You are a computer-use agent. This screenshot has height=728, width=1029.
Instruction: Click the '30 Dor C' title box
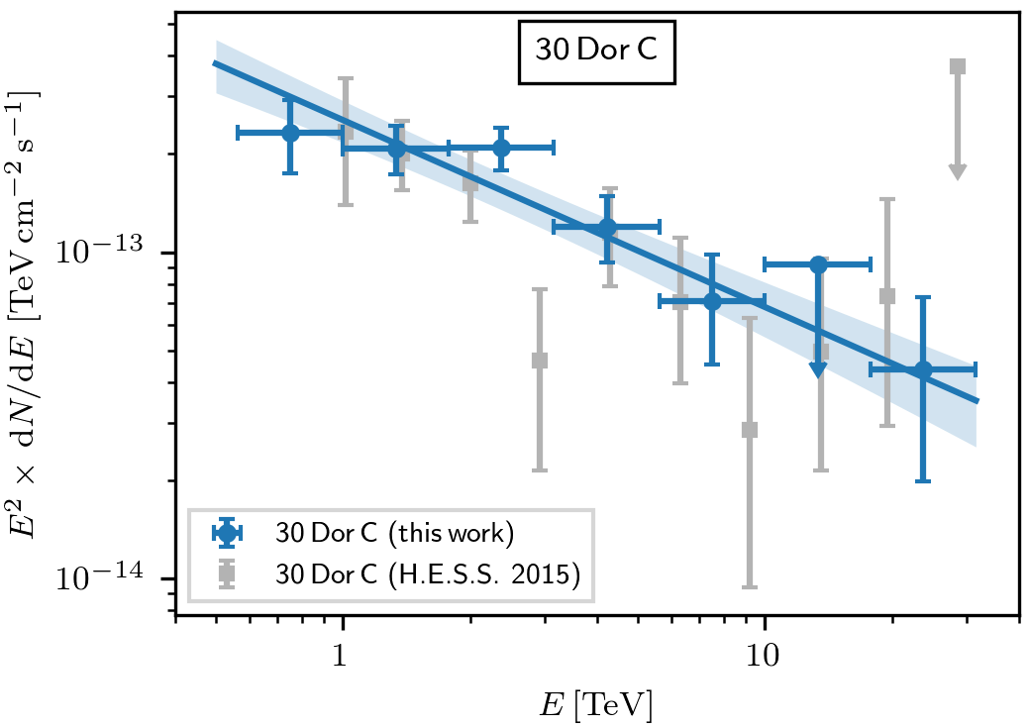pos(595,51)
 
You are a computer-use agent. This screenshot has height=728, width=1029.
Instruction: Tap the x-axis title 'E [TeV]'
pos(595,705)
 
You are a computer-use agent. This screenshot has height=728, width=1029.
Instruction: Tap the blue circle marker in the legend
pos(228,533)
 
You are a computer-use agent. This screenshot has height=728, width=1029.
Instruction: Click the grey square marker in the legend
pos(228,572)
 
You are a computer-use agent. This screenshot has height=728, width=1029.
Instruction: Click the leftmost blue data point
pos(290,133)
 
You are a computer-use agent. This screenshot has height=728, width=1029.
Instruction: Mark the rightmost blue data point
pos(923,369)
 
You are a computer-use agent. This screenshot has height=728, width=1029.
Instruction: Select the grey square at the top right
pos(957,66)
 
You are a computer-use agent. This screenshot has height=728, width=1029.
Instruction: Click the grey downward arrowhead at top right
pos(957,171)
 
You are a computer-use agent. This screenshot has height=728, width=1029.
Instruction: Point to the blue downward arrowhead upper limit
pos(818,369)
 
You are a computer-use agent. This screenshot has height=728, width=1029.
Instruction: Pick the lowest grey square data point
pos(750,430)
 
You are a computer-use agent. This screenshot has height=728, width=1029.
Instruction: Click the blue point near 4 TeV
pos(607,227)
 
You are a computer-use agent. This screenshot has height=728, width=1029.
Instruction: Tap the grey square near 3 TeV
pos(540,361)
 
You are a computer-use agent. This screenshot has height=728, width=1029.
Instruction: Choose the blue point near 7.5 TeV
pos(712,301)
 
